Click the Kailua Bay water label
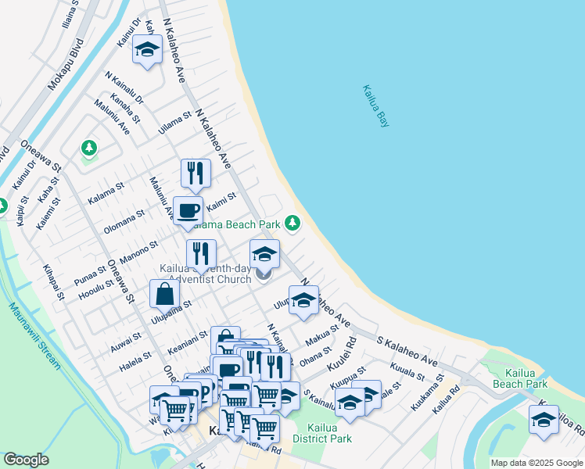point(375,106)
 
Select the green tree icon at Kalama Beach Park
point(292,224)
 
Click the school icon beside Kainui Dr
point(146,50)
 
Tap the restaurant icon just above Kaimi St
point(196,174)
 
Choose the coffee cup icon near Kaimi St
point(188,210)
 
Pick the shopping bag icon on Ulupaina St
point(164,295)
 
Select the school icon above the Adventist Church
point(264,254)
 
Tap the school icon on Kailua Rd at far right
point(544,420)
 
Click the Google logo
point(26,460)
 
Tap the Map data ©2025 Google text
point(537,463)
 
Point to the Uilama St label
point(174,122)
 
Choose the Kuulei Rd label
point(343,354)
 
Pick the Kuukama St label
point(426,396)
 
